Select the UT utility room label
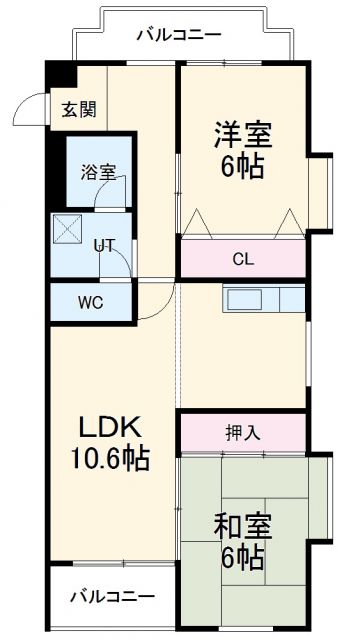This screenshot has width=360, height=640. tap(104, 243)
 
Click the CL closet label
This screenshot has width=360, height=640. tap(243, 258)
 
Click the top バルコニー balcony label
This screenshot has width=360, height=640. tap(179, 35)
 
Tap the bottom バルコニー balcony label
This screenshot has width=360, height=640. tap(112, 597)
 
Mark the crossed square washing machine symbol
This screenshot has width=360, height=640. tap(68, 231)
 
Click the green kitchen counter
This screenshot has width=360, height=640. tap(264, 299)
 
